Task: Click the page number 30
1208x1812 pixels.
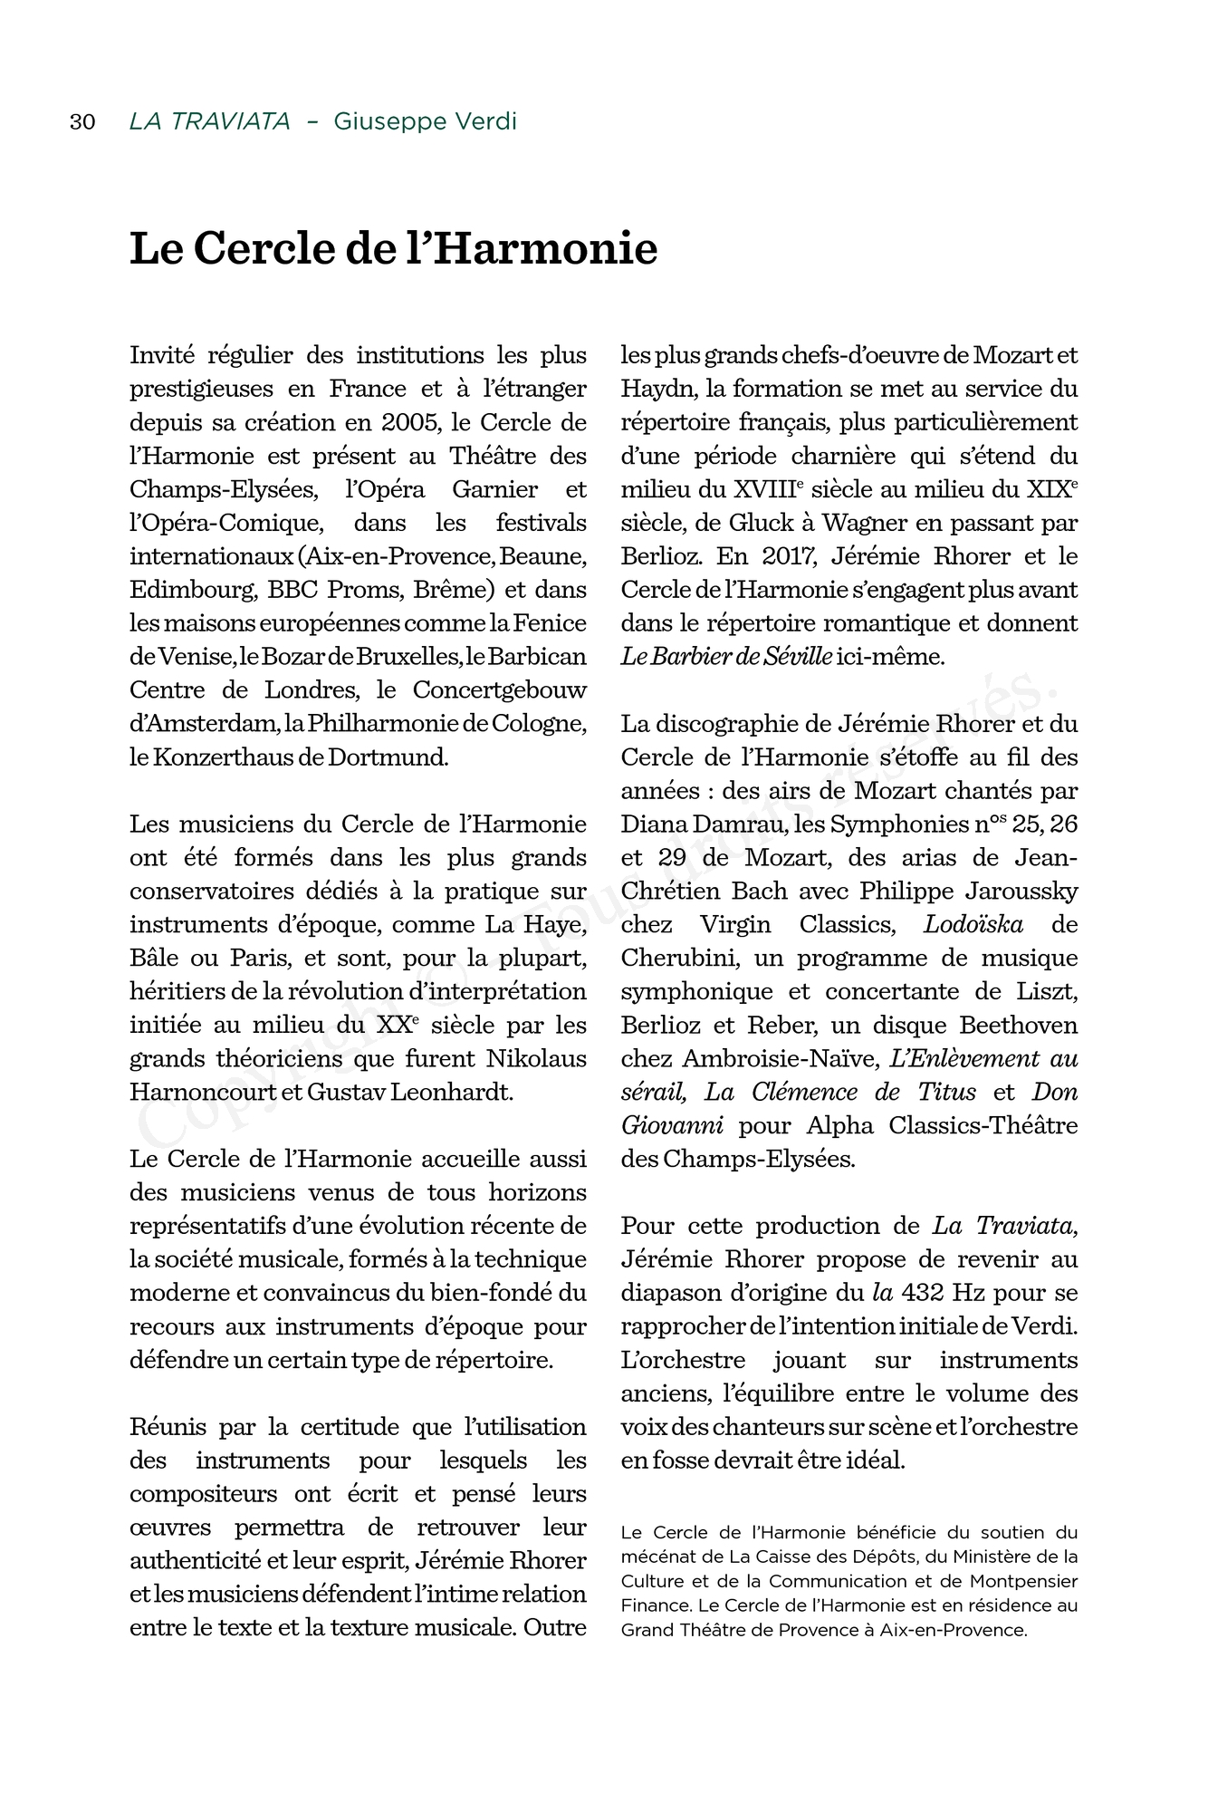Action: pyautogui.click(x=82, y=121)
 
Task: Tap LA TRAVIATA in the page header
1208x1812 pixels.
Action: pyautogui.click(x=209, y=121)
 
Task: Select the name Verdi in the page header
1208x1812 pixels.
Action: pyautogui.click(x=487, y=121)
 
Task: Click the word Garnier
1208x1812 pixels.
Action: pyautogui.click(x=494, y=489)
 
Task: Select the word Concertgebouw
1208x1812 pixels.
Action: pyautogui.click(x=499, y=690)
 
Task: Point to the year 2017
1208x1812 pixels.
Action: pyautogui.click(x=788, y=556)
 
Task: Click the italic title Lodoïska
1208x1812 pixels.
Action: pyautogui.click(x=973, y=925)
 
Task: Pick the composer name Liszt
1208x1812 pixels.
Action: pyautogui.click(x=1047, y=992)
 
